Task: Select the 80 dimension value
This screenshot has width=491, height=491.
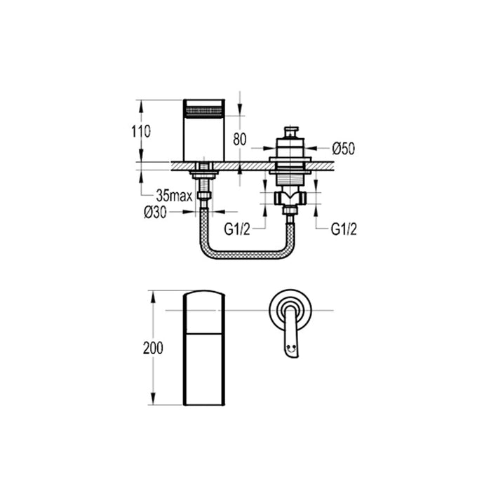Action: coord(239,139)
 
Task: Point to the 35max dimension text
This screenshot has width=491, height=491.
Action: coord(174,195)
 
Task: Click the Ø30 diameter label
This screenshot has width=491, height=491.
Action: coord(156,213)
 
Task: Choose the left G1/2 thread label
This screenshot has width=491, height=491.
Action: coord(237,229)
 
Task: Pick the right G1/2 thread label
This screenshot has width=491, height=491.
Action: coord(344,229)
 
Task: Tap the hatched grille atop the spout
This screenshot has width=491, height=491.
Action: coord(203,108)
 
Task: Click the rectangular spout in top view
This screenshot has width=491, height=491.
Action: coord(203,348)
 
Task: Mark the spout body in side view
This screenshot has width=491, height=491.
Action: coord(203,137)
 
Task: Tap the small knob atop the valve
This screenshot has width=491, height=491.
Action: coord(289,133)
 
